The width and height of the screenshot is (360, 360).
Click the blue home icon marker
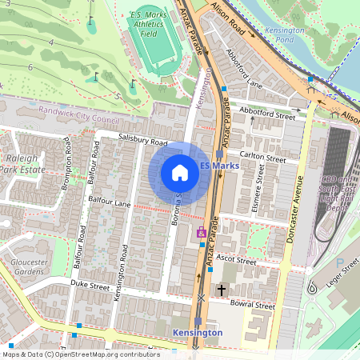point(180,173)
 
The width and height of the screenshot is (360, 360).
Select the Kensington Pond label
point(285,34)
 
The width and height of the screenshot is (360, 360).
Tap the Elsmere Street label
point(258,199)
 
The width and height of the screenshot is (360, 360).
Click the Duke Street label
point(89,283)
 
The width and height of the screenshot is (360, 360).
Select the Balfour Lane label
point(110,205)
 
